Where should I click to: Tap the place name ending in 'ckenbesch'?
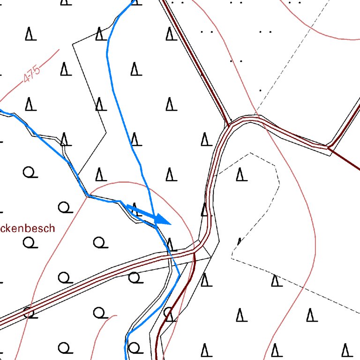click(x=27, y=229)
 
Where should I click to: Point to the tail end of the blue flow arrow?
click(x=127, y=206)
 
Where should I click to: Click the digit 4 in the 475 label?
click(x=26, y=79)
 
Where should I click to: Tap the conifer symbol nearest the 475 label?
click(x=65, y=69)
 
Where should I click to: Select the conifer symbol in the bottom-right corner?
click(x=346, y=350)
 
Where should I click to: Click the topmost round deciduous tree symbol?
click(x=30, y=172)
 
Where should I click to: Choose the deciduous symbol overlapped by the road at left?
click(x=30, y=312)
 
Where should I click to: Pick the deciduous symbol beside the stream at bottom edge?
click(x=135, y=348)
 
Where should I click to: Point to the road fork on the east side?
click(x=330, y=147)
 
